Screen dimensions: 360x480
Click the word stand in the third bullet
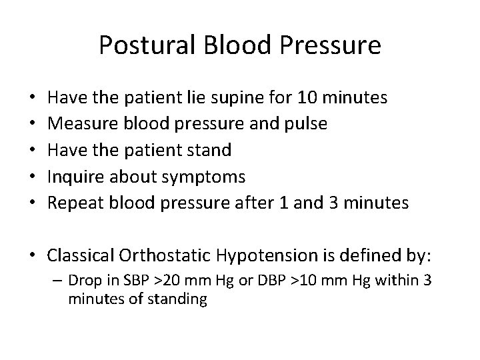pyautogui.click(x=209, y=150)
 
